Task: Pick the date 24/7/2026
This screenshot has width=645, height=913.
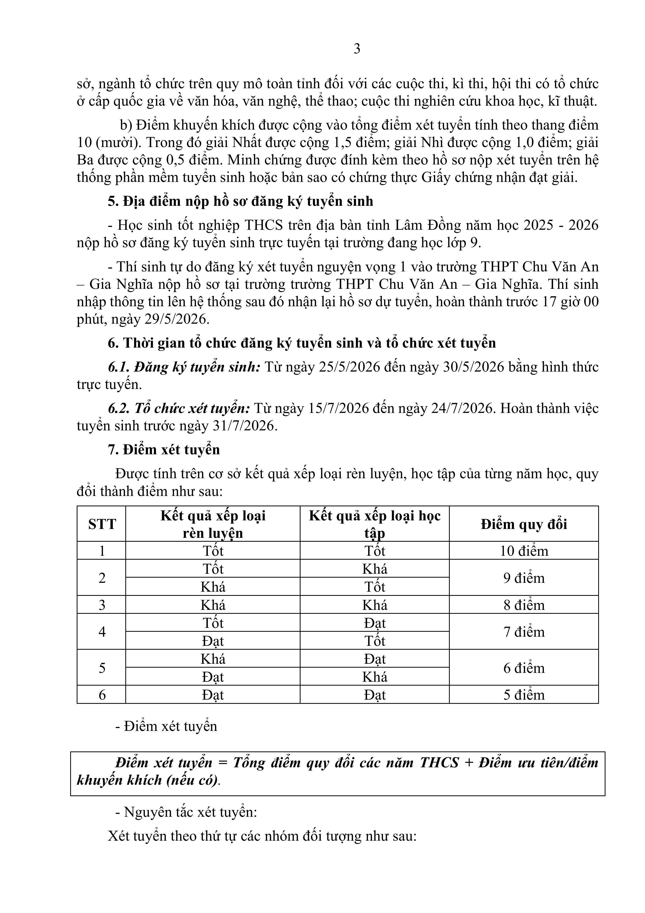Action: pyautogui.click(x=462, y=408)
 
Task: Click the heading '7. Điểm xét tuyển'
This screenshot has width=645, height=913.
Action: pyautogui.click(x=164, y=450)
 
